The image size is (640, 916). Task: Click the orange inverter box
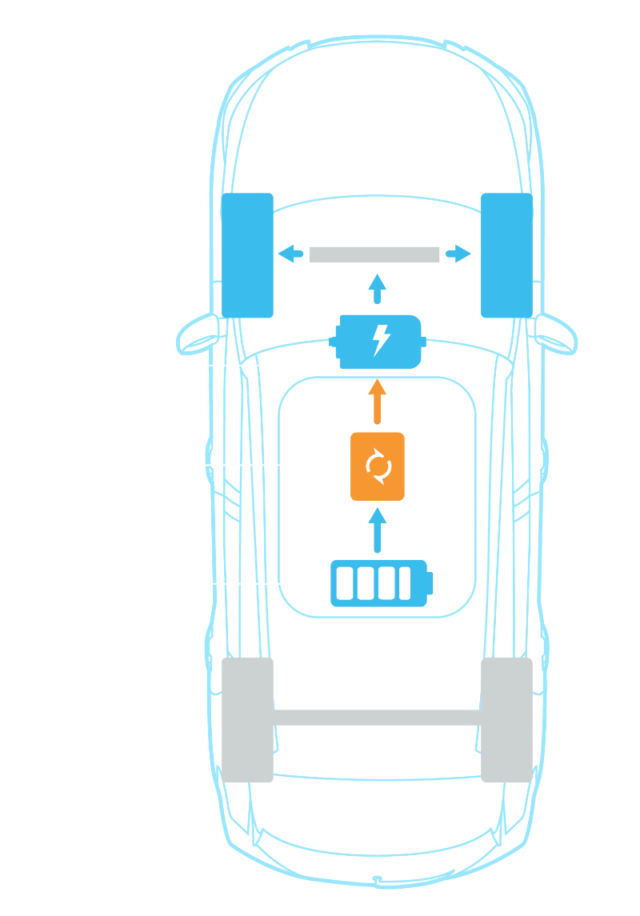[x=378, y=466]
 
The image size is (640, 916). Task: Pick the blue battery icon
[x=381, y=583]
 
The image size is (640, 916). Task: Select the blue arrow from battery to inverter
[x=378, y=529]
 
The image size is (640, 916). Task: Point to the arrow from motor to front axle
[x=378, y=288]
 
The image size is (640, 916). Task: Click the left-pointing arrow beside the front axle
[x=290, y=254]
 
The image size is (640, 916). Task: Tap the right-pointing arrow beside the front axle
[x=458, y=254]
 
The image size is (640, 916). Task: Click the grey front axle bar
[x=374, y=254]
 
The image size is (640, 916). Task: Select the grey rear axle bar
[x=377, y=717]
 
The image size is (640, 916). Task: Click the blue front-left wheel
[x=247, y=255]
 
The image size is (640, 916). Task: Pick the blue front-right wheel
[x=507, y=255]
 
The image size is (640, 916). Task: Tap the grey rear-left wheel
[x=247, y=720]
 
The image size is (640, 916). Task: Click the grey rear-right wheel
[x=507, y=720]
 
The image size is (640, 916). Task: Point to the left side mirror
[x=197, y=333]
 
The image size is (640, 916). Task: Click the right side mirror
[x=558, y=333]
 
